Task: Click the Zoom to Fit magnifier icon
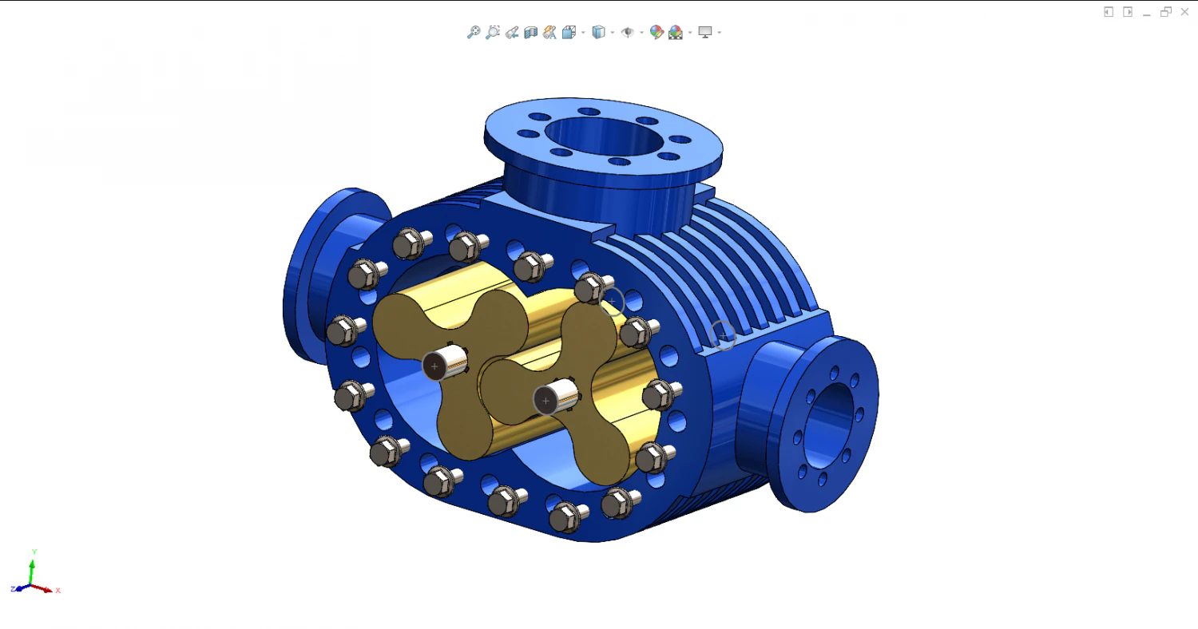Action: click(474, 32)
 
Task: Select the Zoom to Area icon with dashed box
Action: click(493, 32)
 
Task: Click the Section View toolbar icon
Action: click(530, 33)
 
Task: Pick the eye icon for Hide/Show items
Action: click(627, 33)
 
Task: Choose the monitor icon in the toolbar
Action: click(705, 33)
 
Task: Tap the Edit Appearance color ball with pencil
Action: click(657, 32)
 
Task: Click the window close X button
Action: click(1184, 12)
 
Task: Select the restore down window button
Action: click(1166, 12)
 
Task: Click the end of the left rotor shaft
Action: click(434, 366)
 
